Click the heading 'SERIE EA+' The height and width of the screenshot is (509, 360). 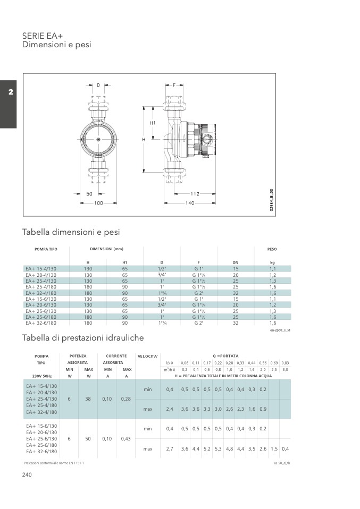43,36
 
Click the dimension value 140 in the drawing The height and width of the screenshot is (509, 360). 190,203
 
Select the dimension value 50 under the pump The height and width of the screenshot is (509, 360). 89,194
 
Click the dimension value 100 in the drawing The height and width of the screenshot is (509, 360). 98,203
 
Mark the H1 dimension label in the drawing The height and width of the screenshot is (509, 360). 153,123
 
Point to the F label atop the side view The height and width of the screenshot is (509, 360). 174,85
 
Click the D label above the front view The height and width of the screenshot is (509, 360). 98,85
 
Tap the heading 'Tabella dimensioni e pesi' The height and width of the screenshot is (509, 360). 71,232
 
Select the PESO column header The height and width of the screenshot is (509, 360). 272,249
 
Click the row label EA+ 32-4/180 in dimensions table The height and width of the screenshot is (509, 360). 41,293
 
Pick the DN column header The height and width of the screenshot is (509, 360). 236,262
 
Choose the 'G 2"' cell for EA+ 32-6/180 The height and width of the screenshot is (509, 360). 199,323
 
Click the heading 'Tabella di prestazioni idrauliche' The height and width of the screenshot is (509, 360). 83,337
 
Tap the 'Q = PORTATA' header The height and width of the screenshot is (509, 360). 225,355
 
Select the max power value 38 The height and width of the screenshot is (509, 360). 88,398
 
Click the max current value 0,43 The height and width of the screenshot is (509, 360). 126,439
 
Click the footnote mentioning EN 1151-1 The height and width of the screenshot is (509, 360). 54,463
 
